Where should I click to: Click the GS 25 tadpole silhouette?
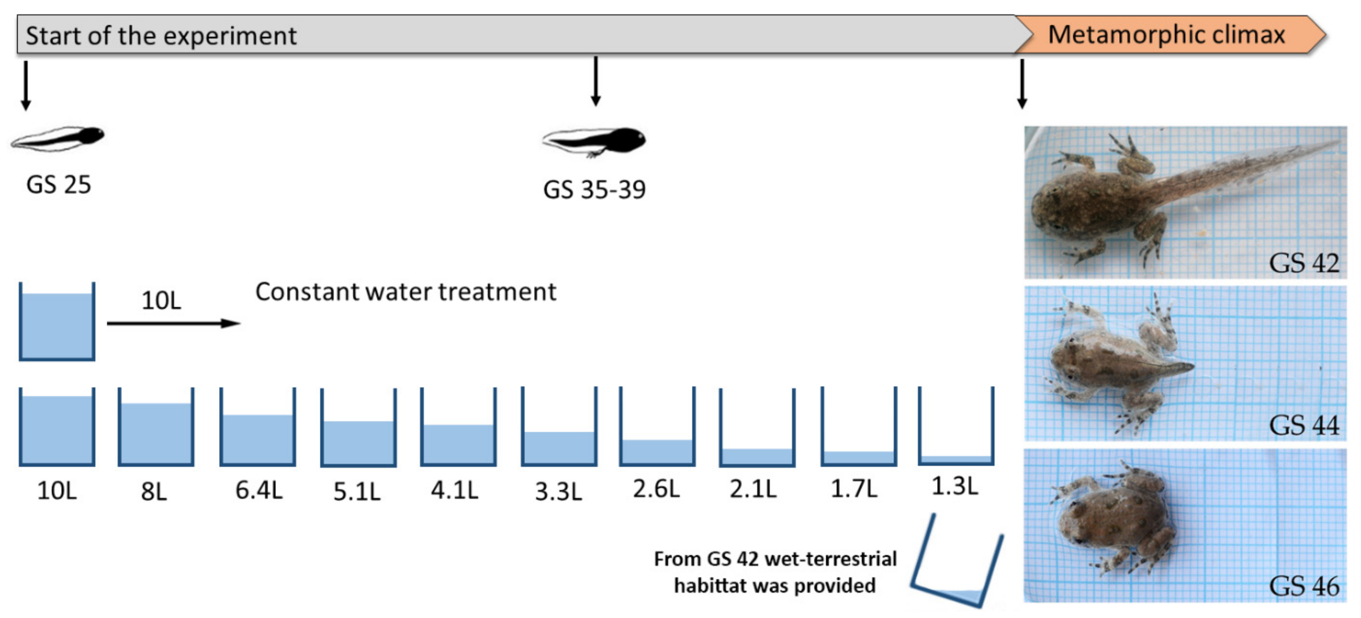coord(58,139)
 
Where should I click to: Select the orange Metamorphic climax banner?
coord(1168,35)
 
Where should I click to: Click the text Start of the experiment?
coord(161,36)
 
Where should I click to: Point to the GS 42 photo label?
coord(1303,263)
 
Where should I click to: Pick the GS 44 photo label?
coord(1303,425)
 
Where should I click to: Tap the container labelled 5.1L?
coord(358,428)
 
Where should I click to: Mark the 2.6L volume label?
coord(656,489)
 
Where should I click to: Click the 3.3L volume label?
coord(559,491)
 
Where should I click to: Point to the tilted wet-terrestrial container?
coord(956,563)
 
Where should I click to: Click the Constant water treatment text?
coord(406,292)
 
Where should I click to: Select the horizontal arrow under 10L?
coord(173,323)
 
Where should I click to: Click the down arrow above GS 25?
coord(25,84)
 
